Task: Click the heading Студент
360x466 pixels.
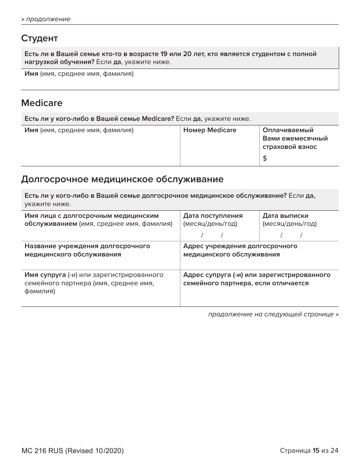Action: click(x=39, y=38)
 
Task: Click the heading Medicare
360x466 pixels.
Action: click(x=42, y=103)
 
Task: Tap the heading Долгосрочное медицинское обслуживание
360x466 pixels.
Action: click(x=122, y=179)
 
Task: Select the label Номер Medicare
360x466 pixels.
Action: click(x=210, y=130)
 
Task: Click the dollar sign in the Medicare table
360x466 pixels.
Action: click(x=265, y=159)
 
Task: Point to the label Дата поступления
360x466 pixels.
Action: click(x=213, y=216)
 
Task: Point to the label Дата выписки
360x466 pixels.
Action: click(x=285, y=216)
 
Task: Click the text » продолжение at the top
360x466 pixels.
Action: click(x=46, y=19)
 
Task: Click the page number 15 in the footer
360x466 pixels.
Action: click(x=316, y=450)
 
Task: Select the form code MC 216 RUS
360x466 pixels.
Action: click(x=42, y=451)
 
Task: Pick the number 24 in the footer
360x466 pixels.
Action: click(x=334, y=450)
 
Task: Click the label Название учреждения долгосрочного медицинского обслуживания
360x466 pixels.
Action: click(x=87, y=250)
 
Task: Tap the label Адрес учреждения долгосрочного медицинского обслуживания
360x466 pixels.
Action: click(x=240, y=250)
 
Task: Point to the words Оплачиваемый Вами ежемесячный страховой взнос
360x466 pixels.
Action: click(x=295, y=138)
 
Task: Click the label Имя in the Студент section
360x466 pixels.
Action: click(x=31, y=74)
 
